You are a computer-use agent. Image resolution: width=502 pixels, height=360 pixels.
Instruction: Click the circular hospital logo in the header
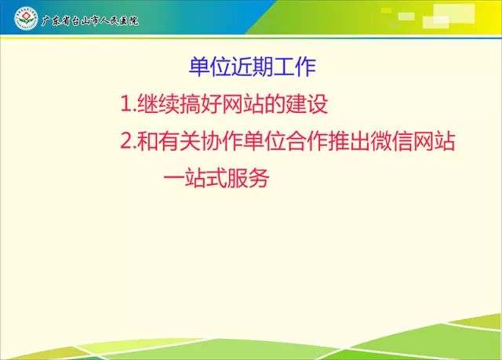click(x=26, y=19)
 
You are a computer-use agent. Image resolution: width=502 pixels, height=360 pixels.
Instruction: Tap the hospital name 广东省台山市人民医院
click(x=90, y=21)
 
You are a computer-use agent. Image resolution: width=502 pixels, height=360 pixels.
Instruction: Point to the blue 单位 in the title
click(x=210, y=67)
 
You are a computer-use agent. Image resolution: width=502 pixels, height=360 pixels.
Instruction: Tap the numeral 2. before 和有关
click(x=129, y=141)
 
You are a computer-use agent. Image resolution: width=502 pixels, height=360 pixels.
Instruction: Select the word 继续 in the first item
click(x=158, y=104)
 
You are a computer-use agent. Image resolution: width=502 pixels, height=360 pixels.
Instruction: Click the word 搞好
click(x=201, y=104)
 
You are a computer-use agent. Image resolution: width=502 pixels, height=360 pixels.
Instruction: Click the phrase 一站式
click(x=195, y=178)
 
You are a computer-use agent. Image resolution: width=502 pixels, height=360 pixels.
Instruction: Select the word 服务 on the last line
click(x=248, y=178)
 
